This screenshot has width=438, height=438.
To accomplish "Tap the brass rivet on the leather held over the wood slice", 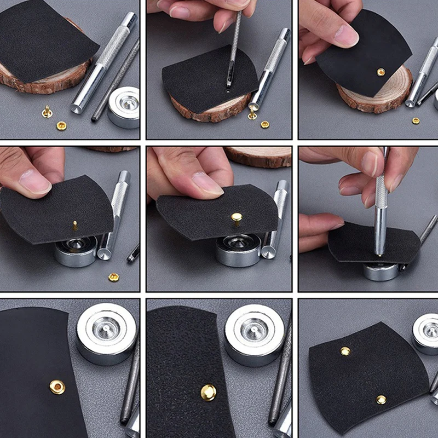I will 381,72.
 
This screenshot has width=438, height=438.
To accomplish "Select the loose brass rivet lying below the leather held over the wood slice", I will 416,120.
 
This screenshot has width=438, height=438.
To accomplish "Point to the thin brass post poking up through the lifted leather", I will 75,224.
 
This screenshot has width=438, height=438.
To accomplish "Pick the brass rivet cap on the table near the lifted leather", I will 113,277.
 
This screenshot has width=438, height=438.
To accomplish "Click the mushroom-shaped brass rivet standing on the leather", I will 237,218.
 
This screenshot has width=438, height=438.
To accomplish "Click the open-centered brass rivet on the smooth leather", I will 57,387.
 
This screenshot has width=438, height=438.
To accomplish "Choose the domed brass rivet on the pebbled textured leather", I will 208,392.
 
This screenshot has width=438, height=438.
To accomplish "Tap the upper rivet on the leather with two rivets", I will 345,351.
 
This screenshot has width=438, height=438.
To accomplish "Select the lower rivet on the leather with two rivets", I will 381,400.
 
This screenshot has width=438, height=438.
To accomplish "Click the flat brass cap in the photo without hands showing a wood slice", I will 62,126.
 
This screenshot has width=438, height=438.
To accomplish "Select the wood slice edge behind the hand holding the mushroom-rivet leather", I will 257,156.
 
